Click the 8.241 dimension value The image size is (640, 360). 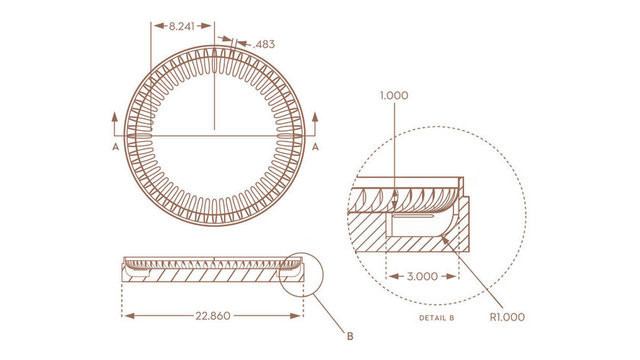[x=182, y=26]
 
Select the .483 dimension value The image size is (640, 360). [x=264, y=44]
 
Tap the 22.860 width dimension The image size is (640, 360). [x=213, y=316]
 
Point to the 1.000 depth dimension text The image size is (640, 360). [x=394, y=96]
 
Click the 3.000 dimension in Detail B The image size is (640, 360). [x=422, y=276]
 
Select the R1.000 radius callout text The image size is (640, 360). [x=507, y=317]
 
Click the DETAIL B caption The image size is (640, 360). [x=437, y=318]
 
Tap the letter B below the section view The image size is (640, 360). [x=350, y=337]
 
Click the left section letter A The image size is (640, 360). [x=116, y=147]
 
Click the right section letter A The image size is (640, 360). [x=315, y=147]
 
